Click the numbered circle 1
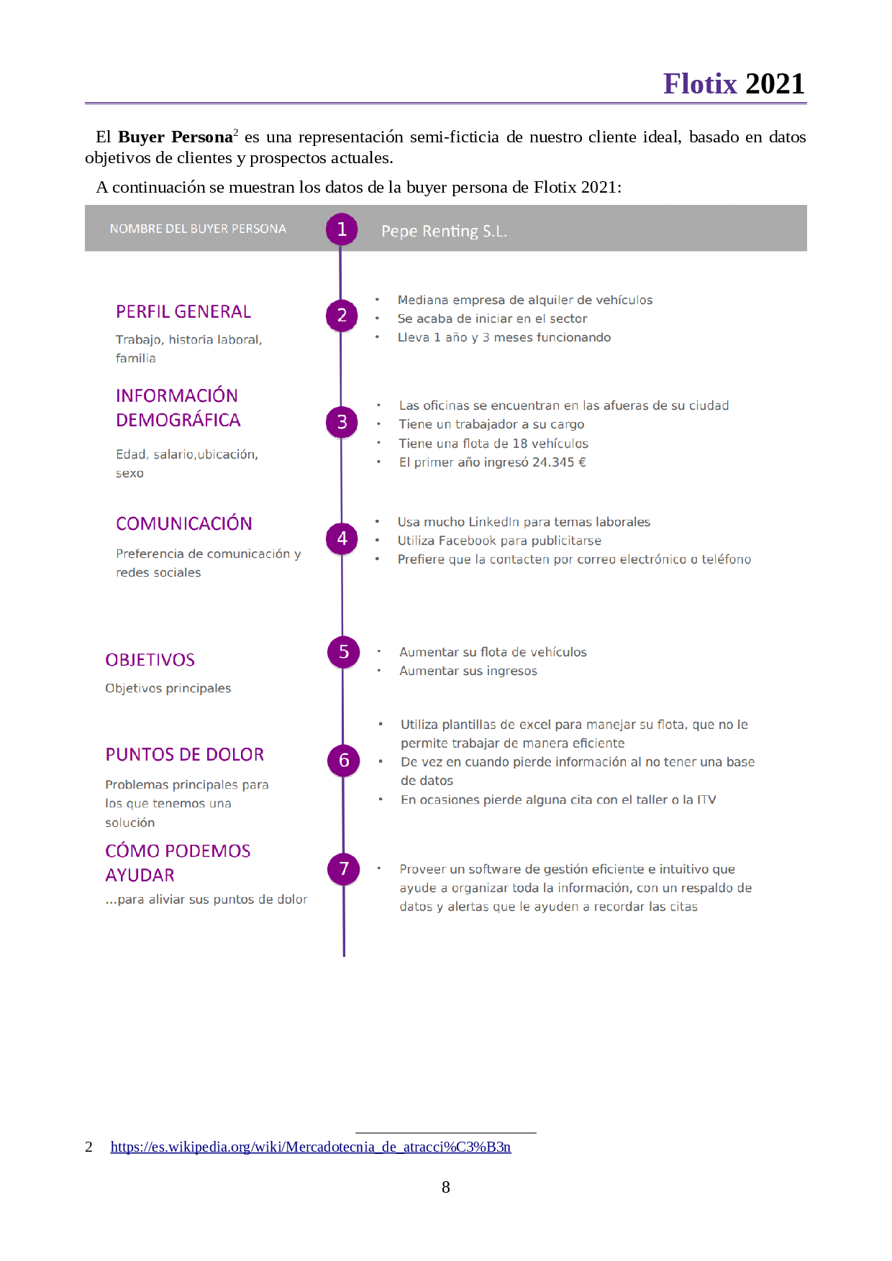click(x=342, y=229)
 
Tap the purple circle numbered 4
click(x=342, y=538)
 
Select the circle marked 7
click(x=344, y=868)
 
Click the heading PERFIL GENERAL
click(x=183, y=311)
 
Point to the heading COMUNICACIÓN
click(x=184, y=523)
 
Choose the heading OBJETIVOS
click(x=150, y=660)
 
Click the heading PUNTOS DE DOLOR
click(x=184, y=754)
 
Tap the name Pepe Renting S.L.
click(x=444, y=231)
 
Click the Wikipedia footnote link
click(x=311, y=1147)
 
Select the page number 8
click(x=446, y=1187)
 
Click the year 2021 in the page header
click(x=775, y=84)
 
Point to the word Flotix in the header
click(x=700, y=84)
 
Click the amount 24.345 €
click(x=559, y=462)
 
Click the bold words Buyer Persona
click(x=176, y=137)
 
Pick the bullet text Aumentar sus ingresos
click(x=468, y=671)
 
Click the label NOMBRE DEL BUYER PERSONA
click(x=198, y=229)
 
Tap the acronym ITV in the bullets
click(x=706, y=799)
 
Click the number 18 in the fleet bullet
click(x=520, y=444)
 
